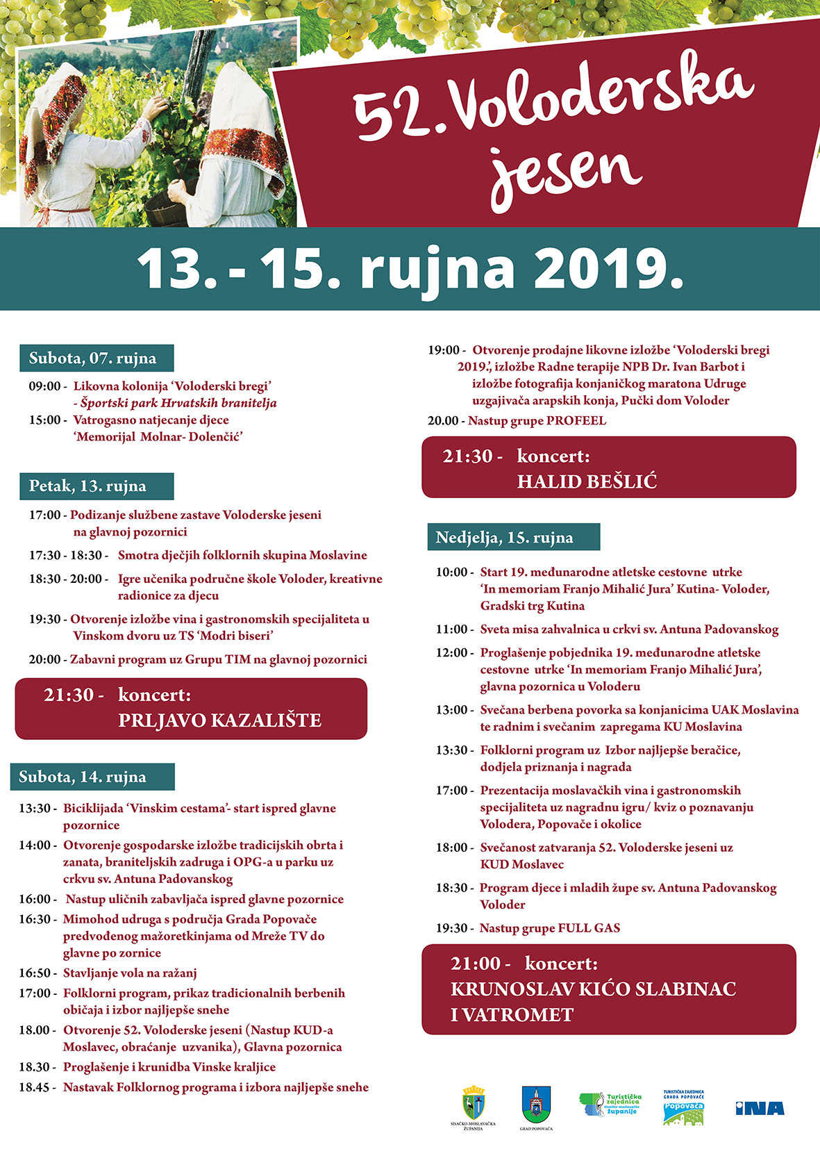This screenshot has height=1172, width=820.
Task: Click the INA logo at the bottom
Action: [x=760, y=1108]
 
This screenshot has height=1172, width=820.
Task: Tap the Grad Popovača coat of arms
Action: [x=536, y=1103]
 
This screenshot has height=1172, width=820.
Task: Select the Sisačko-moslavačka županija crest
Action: [x=474, y=1103]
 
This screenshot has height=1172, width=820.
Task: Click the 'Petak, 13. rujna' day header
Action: [x=87, y=486]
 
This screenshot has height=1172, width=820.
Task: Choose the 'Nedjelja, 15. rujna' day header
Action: [x=504, y=538]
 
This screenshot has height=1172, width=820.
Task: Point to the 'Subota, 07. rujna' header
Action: [x=92, y=358]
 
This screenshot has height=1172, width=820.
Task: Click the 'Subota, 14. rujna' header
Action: [x=83, y=777]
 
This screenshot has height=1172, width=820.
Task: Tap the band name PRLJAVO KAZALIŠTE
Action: [x=219, y=720]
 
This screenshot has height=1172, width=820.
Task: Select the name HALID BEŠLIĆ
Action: [x=587, y=481]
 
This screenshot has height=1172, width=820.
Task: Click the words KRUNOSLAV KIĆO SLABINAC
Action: [x=593, y=989]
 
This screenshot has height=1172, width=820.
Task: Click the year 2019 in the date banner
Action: [x=608, y=268]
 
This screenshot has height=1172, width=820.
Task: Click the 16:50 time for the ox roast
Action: [x=35, y=973]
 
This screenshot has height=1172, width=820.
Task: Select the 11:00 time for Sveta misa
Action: [x=451, y=629]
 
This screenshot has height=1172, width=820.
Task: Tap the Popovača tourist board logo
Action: [x=683, y=1107]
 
